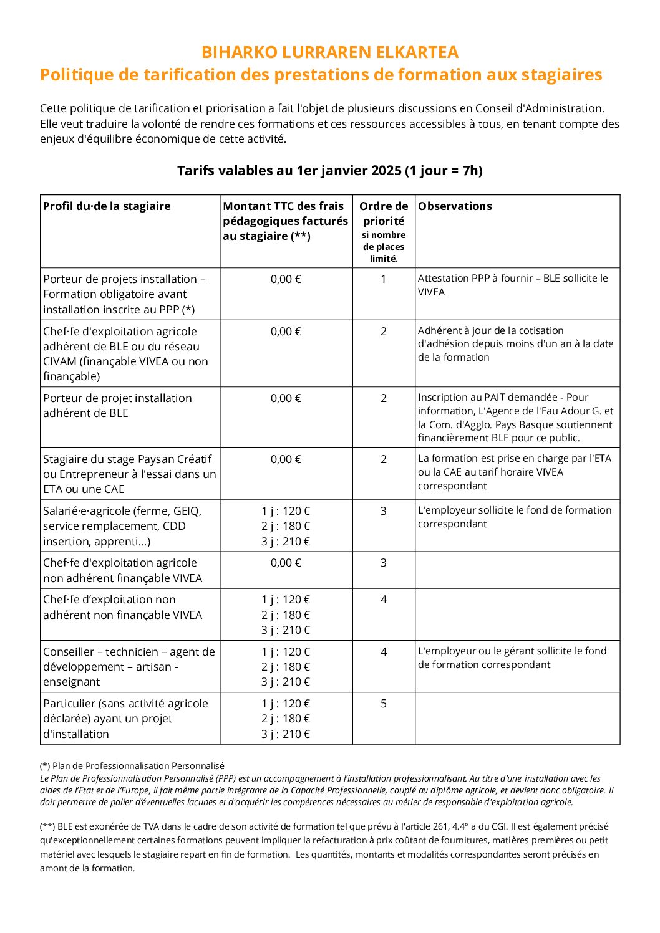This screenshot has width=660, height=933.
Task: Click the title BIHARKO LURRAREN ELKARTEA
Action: click(x=329, y=52)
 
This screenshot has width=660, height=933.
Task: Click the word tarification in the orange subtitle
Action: click(x=193, y=75)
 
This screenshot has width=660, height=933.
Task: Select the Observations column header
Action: click(x=455, y=206)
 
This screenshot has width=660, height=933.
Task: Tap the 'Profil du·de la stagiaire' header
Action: click(x=107, y=206)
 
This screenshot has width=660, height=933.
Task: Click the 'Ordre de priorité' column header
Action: click(x=384, y=213)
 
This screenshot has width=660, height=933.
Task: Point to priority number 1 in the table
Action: click(x=384, y=279)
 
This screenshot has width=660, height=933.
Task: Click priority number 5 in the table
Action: click(x=384, y=704)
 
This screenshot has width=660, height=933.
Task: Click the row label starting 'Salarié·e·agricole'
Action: click(x=122, y=526)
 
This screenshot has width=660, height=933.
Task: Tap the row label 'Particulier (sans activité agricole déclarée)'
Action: click(x=125, y=719)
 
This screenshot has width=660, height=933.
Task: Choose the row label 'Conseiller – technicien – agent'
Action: click(x=129, y=667)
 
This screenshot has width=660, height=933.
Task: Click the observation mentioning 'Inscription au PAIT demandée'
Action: click(x=515, y=418)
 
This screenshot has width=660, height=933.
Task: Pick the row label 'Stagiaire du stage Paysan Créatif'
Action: click(x=129, y=474)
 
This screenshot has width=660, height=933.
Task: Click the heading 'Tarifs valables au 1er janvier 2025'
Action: click(x=329, y=171)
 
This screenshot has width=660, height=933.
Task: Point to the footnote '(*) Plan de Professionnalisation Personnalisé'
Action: click(x=132, y=766)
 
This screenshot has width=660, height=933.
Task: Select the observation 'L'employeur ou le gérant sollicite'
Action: click(x=512, y=658)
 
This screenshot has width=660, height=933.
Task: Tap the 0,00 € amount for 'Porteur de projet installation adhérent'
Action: click(x=286, y=398)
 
